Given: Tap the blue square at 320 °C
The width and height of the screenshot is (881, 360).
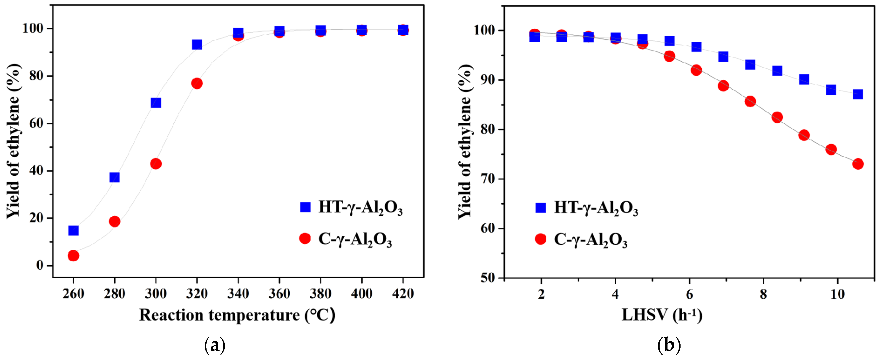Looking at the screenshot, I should click(x=197, y=44).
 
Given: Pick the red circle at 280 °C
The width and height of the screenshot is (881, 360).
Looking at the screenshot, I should click(x=115, y=222).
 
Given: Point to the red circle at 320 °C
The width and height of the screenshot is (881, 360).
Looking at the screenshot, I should click(x=197, y=83).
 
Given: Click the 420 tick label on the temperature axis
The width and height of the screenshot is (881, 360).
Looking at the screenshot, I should click(x=403, y=294).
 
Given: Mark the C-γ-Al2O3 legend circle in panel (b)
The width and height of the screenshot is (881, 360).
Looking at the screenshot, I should click(x=541, y=239).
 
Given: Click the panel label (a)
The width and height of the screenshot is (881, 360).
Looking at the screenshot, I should click(x=215, y=346).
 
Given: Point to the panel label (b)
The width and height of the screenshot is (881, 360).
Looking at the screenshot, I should click(x=669, y=346).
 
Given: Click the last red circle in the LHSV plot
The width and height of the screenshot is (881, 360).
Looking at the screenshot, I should click(x=858, y=164).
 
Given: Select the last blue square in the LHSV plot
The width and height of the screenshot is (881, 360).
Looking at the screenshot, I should click(x=858, y=94).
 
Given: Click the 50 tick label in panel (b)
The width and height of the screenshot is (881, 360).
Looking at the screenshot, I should click(x=487, y=278).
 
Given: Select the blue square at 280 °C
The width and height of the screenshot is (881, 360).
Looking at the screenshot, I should click(x=115, y=177).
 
